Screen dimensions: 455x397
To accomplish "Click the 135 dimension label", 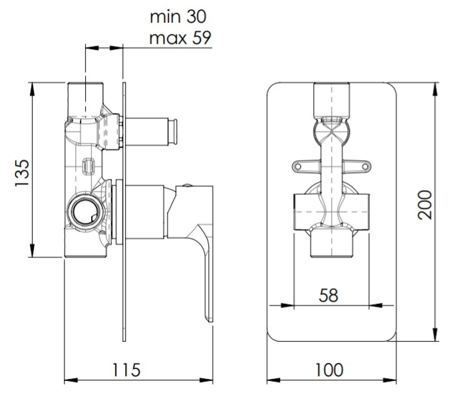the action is pos(22,172).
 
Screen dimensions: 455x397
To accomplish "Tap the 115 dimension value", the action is pos(126,370).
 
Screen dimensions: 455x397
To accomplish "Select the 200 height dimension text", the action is pos(425,205).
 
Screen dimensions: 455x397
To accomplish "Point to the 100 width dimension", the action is pos(329,370).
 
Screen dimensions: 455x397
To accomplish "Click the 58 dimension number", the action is pos(329,295).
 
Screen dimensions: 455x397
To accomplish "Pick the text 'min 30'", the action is pos(178,17).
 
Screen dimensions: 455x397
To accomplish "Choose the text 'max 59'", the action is pos(180,38).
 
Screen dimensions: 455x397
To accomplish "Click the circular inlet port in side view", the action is pos(84,211).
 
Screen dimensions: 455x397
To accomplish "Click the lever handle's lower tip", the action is pos(210,319).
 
